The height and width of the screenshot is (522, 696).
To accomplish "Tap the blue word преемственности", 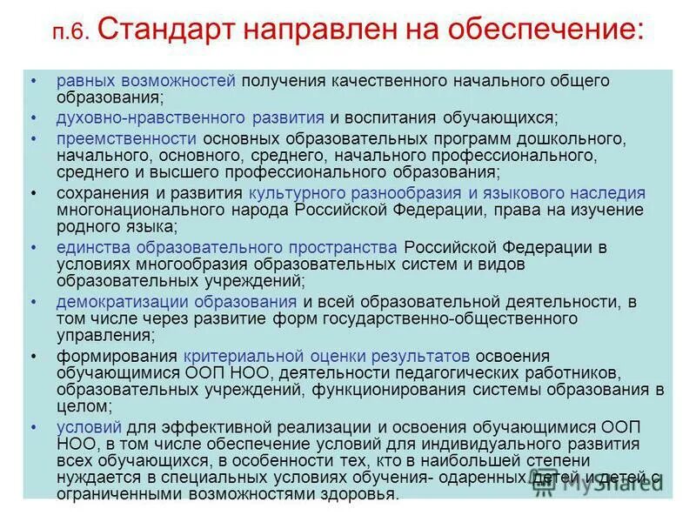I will [x=126, y=139].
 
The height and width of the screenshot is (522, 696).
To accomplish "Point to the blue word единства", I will [x=89, y=248].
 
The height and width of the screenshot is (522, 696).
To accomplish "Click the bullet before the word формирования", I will [x=34, y=356].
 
